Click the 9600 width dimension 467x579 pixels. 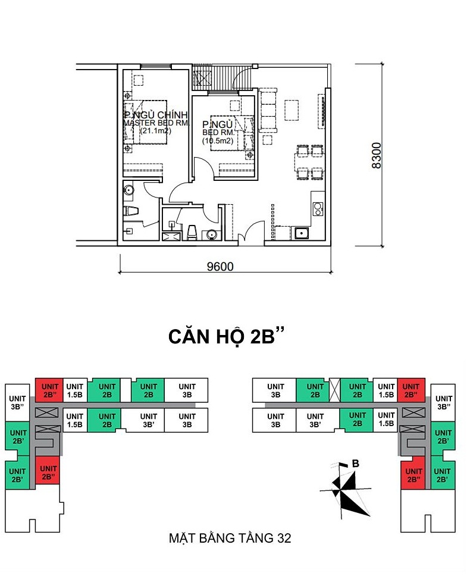[220, 266]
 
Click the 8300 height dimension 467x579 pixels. [376, 155]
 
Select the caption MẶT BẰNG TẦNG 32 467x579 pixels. [230, 538]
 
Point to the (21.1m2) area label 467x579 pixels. [155, 131]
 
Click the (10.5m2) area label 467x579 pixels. [218, 140]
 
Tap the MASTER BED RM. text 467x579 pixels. [156, 123]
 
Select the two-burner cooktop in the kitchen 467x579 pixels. [318, 209]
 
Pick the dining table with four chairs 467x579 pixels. [309, 162]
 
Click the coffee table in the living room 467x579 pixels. [292, 109]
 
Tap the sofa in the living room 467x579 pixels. [268, 109]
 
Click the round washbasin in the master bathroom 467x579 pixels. [128, 190]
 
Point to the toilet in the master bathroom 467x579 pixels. [131, 211]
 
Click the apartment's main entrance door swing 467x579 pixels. [252, 233]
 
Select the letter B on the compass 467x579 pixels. [356, 464]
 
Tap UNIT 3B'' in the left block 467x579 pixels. [17, 402]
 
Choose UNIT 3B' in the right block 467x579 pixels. [315, 420]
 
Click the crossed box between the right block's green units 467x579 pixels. [334, 390]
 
